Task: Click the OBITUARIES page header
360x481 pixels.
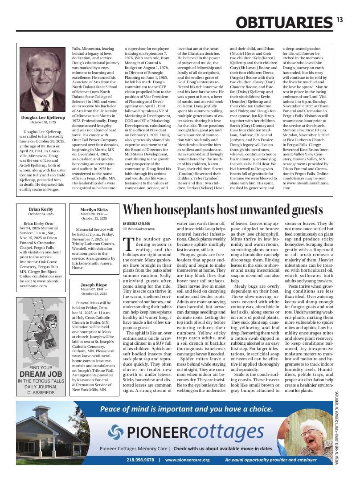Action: click(284, 22)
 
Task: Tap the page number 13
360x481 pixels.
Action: click(340, 19)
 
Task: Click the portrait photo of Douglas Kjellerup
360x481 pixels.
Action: click(43, 80)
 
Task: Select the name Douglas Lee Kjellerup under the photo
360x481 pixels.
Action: click(43, 118)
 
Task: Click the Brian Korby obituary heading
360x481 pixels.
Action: click(41, 209)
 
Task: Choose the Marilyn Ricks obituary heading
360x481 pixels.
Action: click(94, 209)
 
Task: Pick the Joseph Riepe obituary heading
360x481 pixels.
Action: click(94, 285)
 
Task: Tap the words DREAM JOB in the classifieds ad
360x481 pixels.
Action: click(41, 374)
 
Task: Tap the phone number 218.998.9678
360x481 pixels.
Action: click(140, 460)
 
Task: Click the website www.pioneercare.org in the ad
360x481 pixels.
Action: click(187, 460)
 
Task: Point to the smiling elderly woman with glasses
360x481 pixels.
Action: click(307, 434)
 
